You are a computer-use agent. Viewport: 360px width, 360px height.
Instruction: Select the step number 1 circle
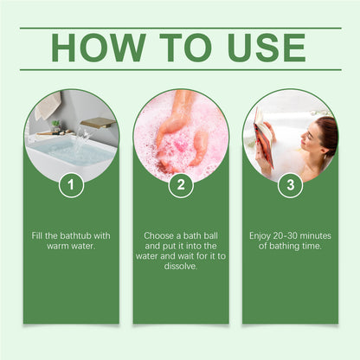click(71, 184)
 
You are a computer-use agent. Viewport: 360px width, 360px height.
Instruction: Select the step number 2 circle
click(180, 184)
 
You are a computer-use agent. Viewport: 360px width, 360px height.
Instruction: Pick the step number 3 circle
click(290, 184)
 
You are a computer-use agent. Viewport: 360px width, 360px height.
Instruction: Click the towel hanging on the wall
click(48, 106)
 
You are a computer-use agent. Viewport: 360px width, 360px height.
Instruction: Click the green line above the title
click(180, 28)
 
